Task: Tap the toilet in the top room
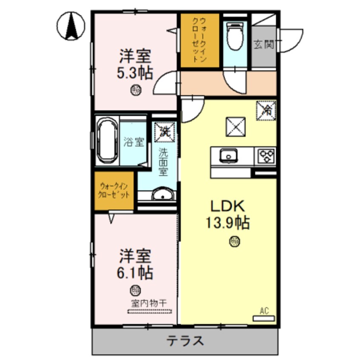[x=234, y=36]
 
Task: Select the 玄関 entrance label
[x=264, y=44]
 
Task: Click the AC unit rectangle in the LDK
[x=264, y=318]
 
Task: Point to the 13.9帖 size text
[x=228, y=222]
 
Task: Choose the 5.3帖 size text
[x=135, y=73]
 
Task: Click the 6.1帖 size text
[x=135, y=272]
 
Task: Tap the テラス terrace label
[x=185, y=341]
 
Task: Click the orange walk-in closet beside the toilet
[x=199, y=40]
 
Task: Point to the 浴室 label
[x=134, y=142]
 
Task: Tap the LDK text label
[x=228, y=206]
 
